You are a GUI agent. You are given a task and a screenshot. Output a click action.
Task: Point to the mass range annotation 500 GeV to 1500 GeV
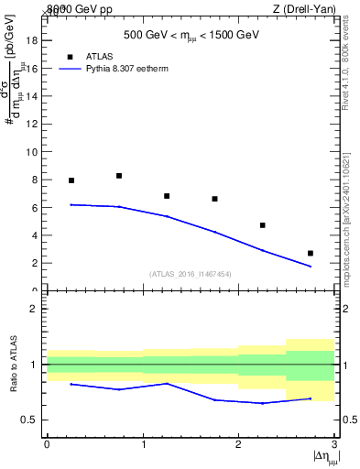[191, 35]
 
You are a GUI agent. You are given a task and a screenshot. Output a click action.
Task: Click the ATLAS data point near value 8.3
[119, 176]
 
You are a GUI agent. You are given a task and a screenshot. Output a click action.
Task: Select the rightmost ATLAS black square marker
[311, 253]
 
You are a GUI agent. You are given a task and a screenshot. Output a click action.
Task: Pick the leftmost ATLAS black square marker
[71, 180]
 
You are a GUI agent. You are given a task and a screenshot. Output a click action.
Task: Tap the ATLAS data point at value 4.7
[263, 225]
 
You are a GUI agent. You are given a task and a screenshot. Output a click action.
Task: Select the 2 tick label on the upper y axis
[35, 263]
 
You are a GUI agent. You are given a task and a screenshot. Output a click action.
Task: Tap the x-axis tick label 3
[335, 443]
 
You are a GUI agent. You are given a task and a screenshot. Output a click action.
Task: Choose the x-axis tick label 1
[143, 443]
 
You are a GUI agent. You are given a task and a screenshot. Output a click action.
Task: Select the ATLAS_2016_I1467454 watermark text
[191, 273]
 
